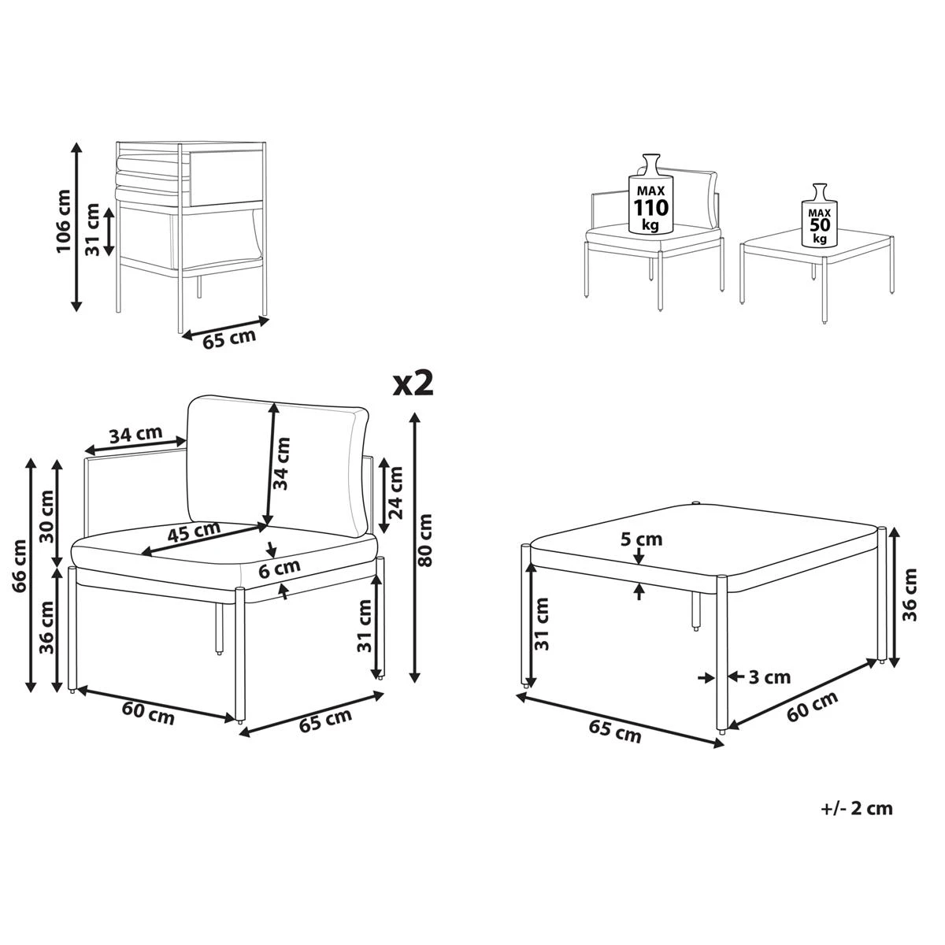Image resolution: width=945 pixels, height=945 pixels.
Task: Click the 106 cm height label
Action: point(63,224)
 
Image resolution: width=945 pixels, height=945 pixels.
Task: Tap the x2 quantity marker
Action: point(413,384)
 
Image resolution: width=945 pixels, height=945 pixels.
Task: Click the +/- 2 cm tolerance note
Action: point(856,809)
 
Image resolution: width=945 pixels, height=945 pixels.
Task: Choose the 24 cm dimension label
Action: point(395,494)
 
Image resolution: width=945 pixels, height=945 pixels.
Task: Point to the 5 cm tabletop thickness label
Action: point(641,539)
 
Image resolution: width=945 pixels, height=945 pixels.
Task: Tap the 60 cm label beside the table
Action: point(813,707)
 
